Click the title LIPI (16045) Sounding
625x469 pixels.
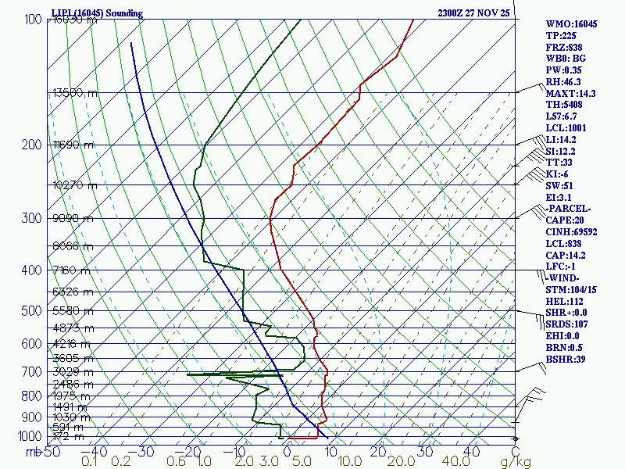(x=97, y=13)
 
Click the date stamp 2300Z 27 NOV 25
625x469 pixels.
(x=474, y=13)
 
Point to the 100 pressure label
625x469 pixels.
(x=33, y=20)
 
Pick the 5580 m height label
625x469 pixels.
(x=72, y=311)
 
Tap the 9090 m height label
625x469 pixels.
(x=72, y=218)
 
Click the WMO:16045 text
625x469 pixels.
(x=571, y=24)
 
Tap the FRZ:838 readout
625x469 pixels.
(x=565, y=48)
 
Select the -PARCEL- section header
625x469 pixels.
(x=569, y=209)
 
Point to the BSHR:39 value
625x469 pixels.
(x=566, y=359)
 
